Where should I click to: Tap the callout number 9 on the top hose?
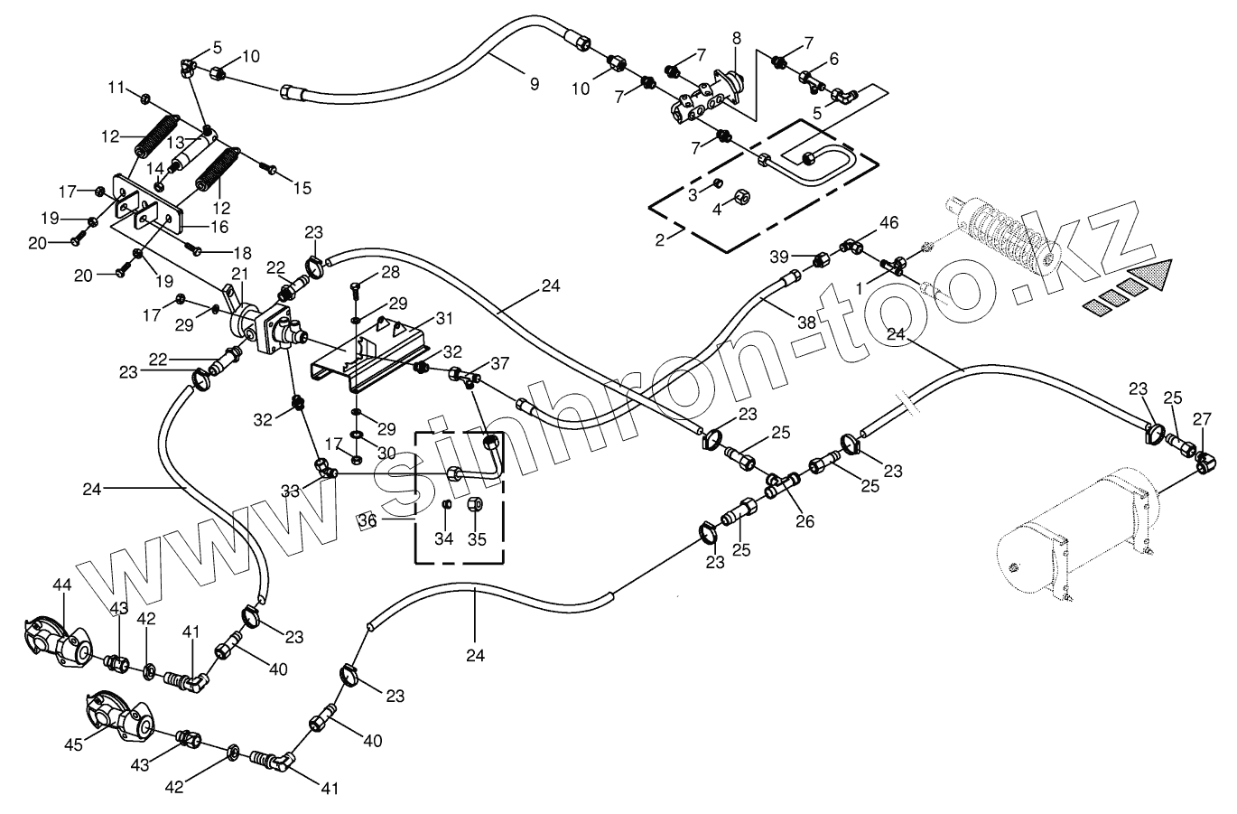coord(535,83)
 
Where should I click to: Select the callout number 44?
coord(61,585)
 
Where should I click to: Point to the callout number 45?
coord(74,744)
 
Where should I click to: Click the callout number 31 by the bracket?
coord(442,319)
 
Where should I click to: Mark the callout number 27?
coord(1201,418)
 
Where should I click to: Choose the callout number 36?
coord(367,520)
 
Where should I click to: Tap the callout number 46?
coord(889,221)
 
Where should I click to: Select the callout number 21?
coord(239,274)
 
